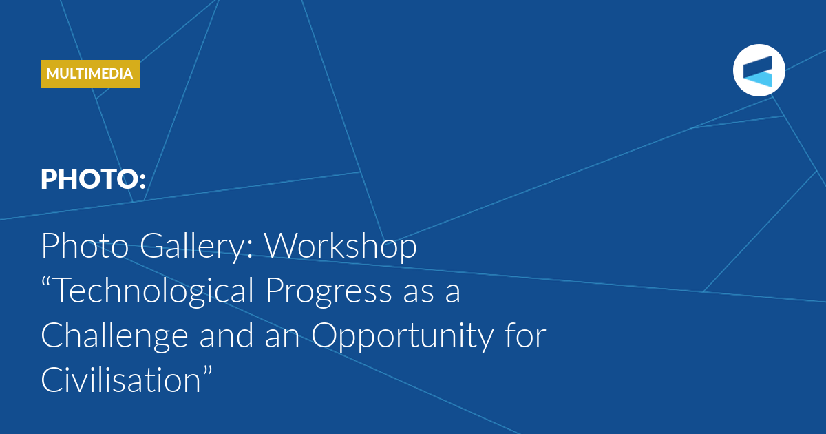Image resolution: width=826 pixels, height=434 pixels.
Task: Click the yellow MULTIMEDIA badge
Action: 90,74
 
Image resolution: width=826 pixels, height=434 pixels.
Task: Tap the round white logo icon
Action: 759,70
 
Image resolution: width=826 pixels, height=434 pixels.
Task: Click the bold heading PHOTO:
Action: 94,179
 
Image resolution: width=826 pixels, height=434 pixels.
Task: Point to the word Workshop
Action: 341,247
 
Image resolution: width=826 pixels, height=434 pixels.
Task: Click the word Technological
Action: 154,291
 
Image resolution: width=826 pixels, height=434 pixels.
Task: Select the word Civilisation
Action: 121,380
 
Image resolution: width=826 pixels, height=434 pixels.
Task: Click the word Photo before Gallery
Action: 85,246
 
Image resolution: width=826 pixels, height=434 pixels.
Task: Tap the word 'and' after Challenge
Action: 226,335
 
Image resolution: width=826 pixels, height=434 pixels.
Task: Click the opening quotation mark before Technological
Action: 47,282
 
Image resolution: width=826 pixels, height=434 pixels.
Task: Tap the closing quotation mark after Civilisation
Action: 208,371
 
